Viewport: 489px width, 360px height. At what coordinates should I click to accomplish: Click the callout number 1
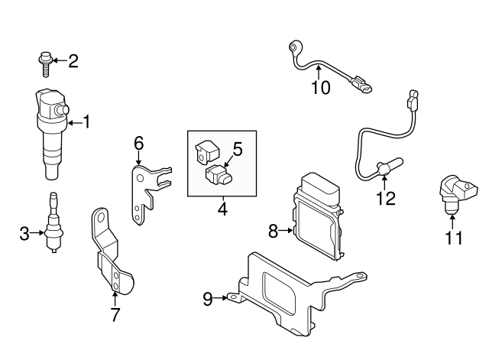(x=86, y=122)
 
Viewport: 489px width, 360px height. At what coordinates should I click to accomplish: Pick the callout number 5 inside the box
(x=237, y=150)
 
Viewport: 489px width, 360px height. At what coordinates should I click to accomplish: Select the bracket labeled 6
(x=143, y=190)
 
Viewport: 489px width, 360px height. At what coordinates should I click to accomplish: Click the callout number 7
(x=115, y=314)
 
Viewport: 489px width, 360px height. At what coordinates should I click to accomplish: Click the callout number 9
(x=208, y=298)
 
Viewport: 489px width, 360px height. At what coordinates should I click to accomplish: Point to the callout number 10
(x=320, y=88)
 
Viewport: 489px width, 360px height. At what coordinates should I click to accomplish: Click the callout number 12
(x=386, y=199)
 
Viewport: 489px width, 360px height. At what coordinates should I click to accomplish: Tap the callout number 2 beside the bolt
(x=73, y=61)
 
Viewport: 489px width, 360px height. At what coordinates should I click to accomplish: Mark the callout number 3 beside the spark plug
(x=24, y=233)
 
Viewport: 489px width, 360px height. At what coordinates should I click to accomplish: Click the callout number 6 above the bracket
(x=138, y=143)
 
